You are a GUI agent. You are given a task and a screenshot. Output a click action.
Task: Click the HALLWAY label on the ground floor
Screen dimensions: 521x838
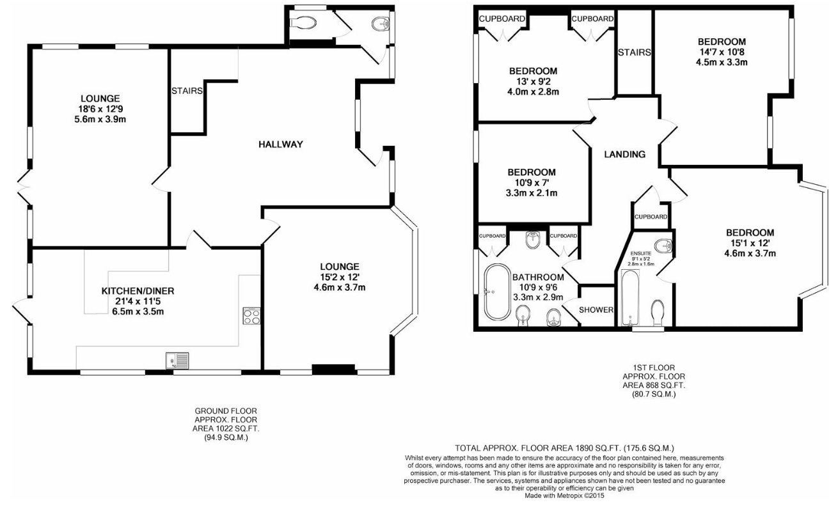pos(280,144)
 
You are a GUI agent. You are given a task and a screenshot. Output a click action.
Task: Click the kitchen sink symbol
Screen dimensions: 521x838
pos(177,361)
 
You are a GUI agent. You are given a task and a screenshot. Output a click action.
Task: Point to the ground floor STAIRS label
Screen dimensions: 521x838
pos(187,91)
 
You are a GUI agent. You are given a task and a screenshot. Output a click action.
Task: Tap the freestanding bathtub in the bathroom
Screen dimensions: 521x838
pos(496,292)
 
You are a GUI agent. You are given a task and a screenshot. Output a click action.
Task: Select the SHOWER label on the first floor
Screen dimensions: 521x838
pos(596,310)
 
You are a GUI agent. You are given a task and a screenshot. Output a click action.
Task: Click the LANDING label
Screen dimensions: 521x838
pos(624,154)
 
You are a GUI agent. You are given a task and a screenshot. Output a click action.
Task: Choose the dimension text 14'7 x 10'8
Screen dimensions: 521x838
pos(722,52)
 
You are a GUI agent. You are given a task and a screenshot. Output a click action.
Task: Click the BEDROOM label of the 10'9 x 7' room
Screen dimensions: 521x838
pos(532,173)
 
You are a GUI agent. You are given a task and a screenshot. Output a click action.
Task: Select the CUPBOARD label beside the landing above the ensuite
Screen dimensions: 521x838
pos(652,217)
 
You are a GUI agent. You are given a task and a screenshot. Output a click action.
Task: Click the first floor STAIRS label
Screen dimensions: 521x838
pos(634,52)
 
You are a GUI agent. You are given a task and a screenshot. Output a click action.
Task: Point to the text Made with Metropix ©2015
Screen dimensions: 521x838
pos(564,495)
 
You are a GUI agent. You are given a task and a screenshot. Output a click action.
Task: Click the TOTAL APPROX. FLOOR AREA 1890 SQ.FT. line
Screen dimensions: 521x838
pos(564,448)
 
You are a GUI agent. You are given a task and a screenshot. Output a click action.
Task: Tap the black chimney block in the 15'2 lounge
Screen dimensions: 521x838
pos(333,369)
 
